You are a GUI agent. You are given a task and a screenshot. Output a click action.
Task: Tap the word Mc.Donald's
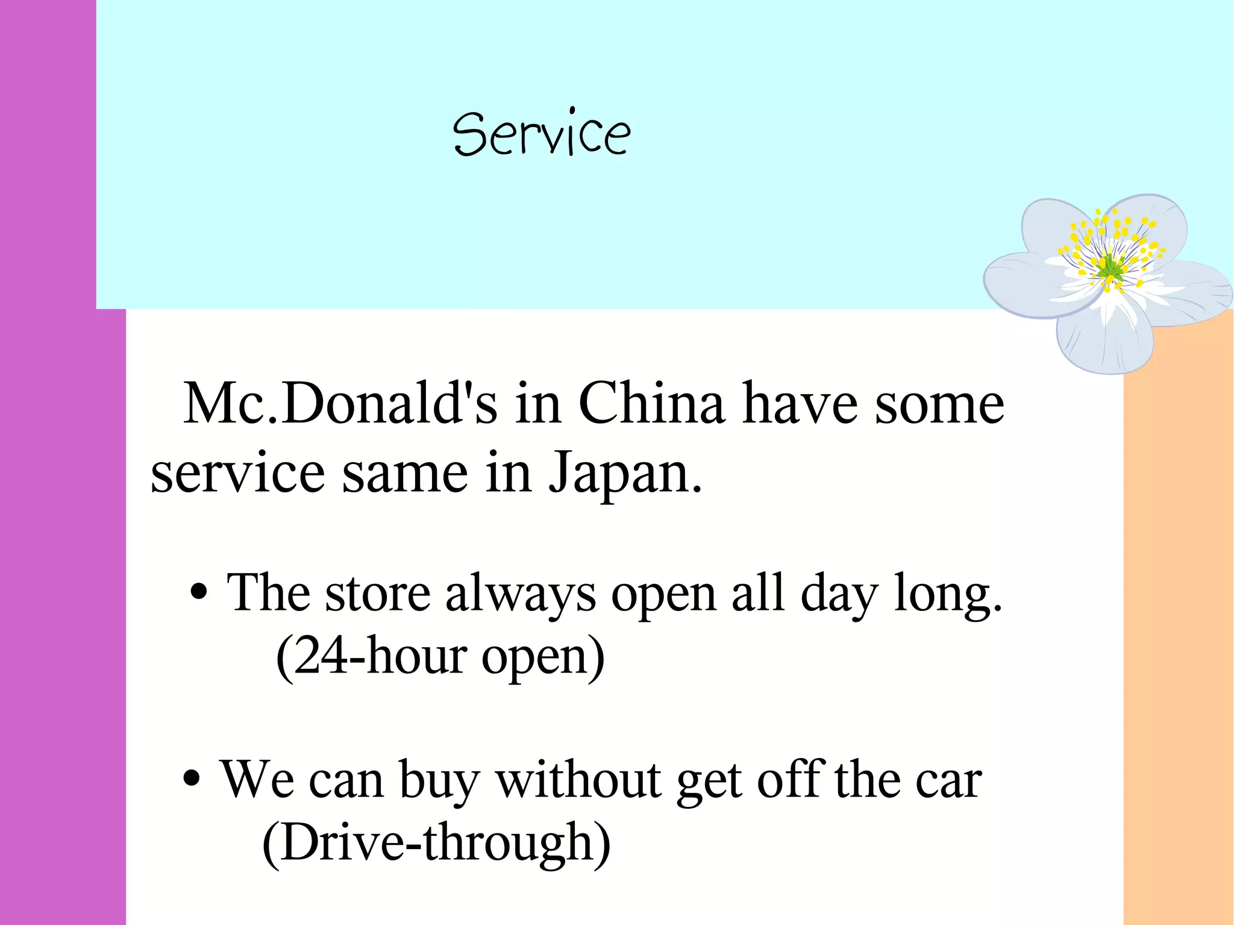(340, 404)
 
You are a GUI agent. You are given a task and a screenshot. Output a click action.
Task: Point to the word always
(521, 594)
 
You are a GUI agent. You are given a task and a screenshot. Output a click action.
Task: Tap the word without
(578, 780)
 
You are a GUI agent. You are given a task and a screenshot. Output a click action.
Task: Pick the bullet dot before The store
(199, 592)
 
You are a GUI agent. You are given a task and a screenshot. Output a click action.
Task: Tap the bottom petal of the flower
(1106, 340)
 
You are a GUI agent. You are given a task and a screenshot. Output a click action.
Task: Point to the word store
(378, 594)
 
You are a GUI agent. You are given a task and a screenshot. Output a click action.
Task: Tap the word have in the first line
(800, 404)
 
